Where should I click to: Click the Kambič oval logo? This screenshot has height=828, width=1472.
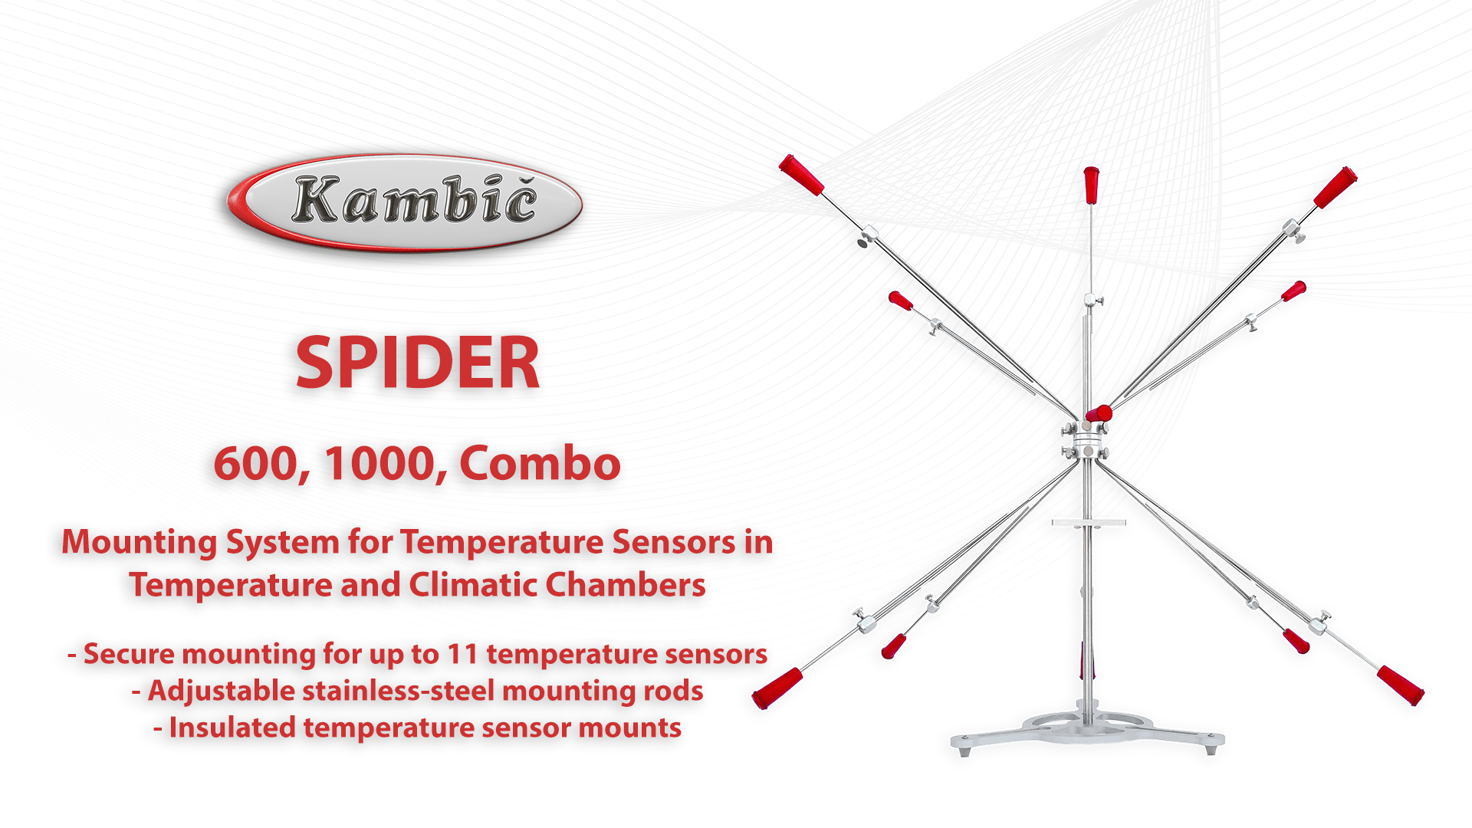tap(405, 202)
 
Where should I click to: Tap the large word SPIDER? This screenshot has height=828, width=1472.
tap(418, 363)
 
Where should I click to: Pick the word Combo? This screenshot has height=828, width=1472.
tap(540, 464)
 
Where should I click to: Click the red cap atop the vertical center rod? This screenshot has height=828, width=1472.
tap(1091, 185)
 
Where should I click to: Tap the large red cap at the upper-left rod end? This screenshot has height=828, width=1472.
tap(801, 175)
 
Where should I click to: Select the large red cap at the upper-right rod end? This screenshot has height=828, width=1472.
tap(1336, 187)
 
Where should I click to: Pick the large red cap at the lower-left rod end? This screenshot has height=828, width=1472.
tap(777, 688)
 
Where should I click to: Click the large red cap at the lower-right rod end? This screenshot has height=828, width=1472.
tap(1401, 685)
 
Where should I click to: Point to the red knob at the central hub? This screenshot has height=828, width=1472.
tap(1100, 415)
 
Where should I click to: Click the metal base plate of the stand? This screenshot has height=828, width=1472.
tap(1088, 732)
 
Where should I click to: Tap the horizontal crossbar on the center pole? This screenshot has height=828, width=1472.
tap(1089, 523)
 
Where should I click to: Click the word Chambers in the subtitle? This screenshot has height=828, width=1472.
tap(626, 585)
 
